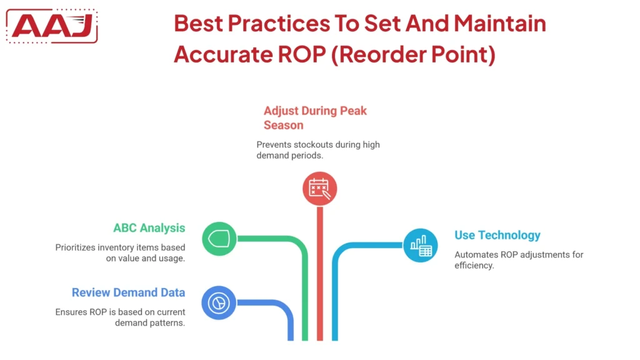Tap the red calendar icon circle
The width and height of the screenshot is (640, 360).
point(319,188)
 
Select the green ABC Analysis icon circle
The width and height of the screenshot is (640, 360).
point(219,238)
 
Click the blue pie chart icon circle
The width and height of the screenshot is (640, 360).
point(219,303)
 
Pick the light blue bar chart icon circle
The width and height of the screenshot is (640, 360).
point(420,245)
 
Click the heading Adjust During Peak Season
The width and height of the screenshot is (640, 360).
point(315,117)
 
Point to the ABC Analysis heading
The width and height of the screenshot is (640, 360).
point(149,228)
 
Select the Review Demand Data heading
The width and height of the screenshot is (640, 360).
point(128,292)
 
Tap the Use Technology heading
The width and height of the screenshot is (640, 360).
point(497,235)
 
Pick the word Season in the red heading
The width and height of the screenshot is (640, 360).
point(283,125)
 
